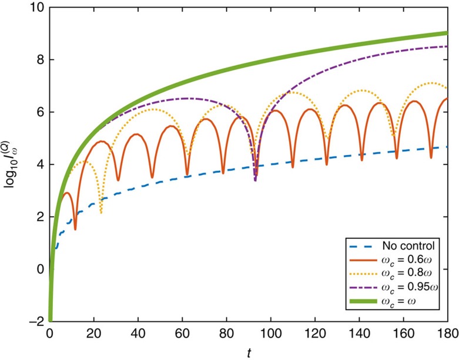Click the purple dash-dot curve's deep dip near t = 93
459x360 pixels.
[x=255, y=180]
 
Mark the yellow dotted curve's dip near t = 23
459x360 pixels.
[x=101, y=212]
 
